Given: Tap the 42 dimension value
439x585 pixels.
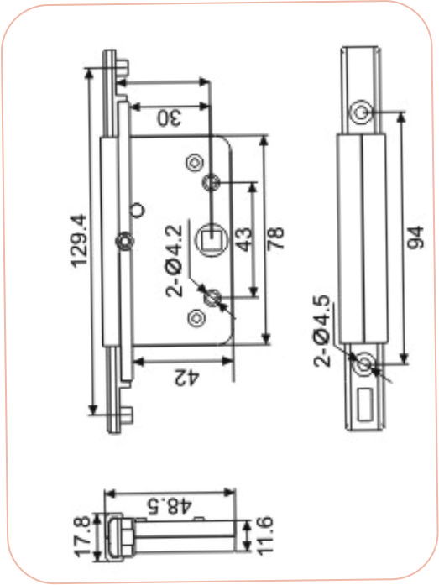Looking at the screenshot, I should (x=186, y=378).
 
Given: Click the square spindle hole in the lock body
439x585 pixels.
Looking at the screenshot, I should (x=210, y=238).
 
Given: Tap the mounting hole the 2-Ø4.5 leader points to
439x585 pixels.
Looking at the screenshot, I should (x=363, y=366).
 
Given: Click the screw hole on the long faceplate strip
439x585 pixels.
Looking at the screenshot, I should (x=124, y=242).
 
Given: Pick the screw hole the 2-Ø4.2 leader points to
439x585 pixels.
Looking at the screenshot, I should (x=212, y=296).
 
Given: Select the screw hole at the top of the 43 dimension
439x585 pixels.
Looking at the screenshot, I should (x=212, y=181).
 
